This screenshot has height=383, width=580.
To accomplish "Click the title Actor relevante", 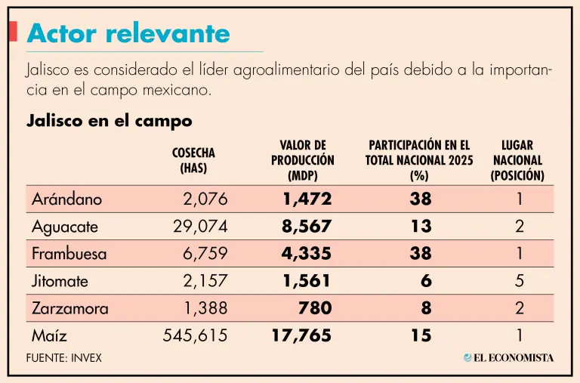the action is coord(128,33).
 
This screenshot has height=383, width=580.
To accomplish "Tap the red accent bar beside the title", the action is coord(13,31).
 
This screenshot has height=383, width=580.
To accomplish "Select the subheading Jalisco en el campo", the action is coord(110,121).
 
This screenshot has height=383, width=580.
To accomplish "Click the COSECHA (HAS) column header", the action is coord(193,160).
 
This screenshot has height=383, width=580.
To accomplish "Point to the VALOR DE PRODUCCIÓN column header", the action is coord(303,160).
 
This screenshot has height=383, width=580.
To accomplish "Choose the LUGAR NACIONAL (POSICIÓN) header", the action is coord(517,160).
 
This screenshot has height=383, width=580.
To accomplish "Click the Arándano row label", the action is coord(67,199).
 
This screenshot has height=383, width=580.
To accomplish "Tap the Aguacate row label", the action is coord(65,227).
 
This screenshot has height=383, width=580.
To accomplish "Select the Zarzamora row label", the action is coord(70,308).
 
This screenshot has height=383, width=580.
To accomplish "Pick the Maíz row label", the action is coord(49,335).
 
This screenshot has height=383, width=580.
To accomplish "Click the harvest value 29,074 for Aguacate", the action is coord(200,226).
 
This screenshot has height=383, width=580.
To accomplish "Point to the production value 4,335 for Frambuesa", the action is coord(307,254).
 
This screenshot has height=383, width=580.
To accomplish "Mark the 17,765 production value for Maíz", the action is coord(301,335).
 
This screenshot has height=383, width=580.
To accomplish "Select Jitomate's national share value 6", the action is coord(426,281).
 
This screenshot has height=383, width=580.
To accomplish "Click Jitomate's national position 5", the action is coord(520,281).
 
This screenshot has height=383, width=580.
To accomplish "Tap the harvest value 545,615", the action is coord(196,335).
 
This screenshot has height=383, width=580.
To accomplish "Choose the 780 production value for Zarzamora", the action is coord(315,308).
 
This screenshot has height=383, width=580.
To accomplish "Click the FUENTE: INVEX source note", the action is coord(64,358).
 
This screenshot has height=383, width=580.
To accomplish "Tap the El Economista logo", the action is coord(508,357).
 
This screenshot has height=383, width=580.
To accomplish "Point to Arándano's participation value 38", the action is coord(421,199).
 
